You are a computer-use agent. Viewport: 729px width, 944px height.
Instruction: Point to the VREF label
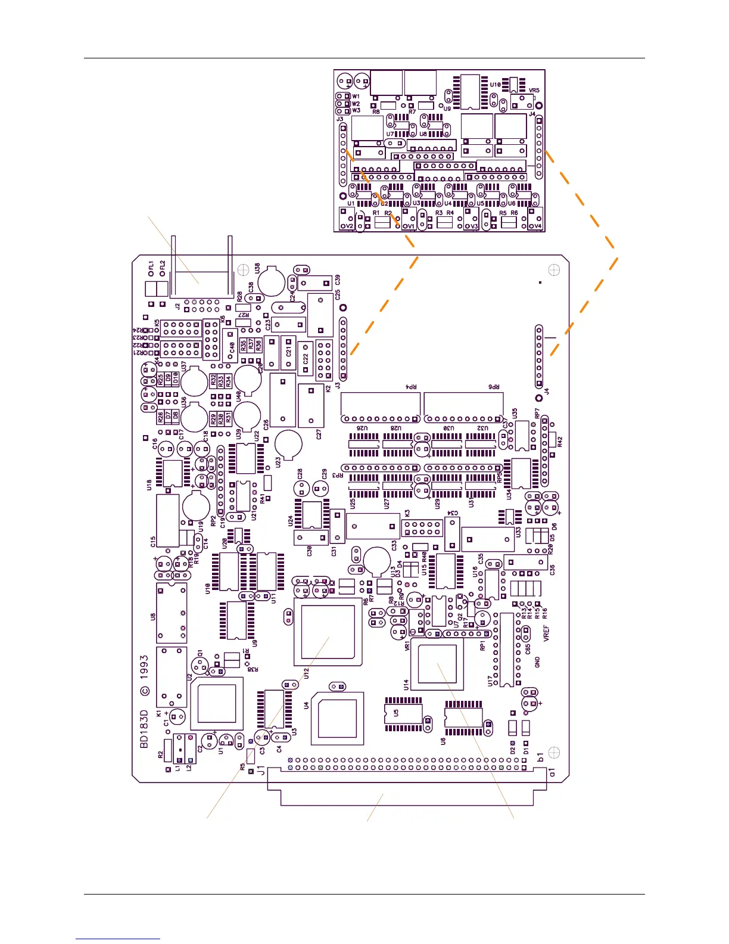(x=547, y=633)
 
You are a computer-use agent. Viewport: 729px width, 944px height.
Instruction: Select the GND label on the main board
(x=537, y=662)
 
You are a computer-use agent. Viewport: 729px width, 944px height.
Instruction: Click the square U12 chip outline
(x=328, y=632)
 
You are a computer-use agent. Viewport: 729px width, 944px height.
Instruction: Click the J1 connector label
(x=261, y=771)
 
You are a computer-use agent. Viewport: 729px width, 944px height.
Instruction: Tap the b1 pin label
(x=541, y=758)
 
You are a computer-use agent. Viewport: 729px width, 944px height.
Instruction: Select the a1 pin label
(x=552, y=772)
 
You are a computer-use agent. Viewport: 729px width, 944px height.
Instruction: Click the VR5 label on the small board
(x=534, y=91)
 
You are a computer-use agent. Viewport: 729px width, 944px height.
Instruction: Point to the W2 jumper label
(x=356, y=104)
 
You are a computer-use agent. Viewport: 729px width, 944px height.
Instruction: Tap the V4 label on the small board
(x=538, y=226)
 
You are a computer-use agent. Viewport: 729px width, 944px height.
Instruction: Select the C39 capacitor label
(x=338, y=280)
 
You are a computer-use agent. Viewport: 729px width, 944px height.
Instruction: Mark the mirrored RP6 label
(x=494, y=387)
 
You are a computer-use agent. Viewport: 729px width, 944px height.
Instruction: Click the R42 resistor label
(x=559, y=442)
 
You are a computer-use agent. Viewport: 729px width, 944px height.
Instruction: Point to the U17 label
(x=490, y=680)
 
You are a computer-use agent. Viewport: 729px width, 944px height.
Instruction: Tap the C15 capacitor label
(x=153, y=541)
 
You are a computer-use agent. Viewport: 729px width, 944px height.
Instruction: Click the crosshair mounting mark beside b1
(x=553, y=752)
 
